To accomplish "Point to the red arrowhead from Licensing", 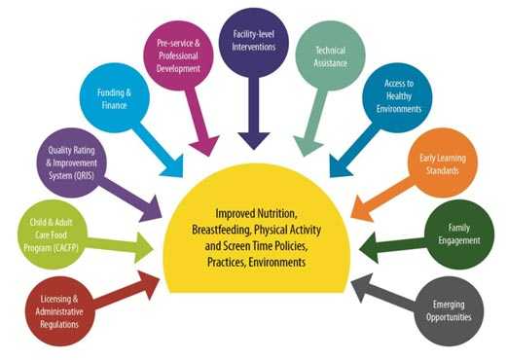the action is pos(157,280).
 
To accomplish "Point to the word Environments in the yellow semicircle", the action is pos(279,264).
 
